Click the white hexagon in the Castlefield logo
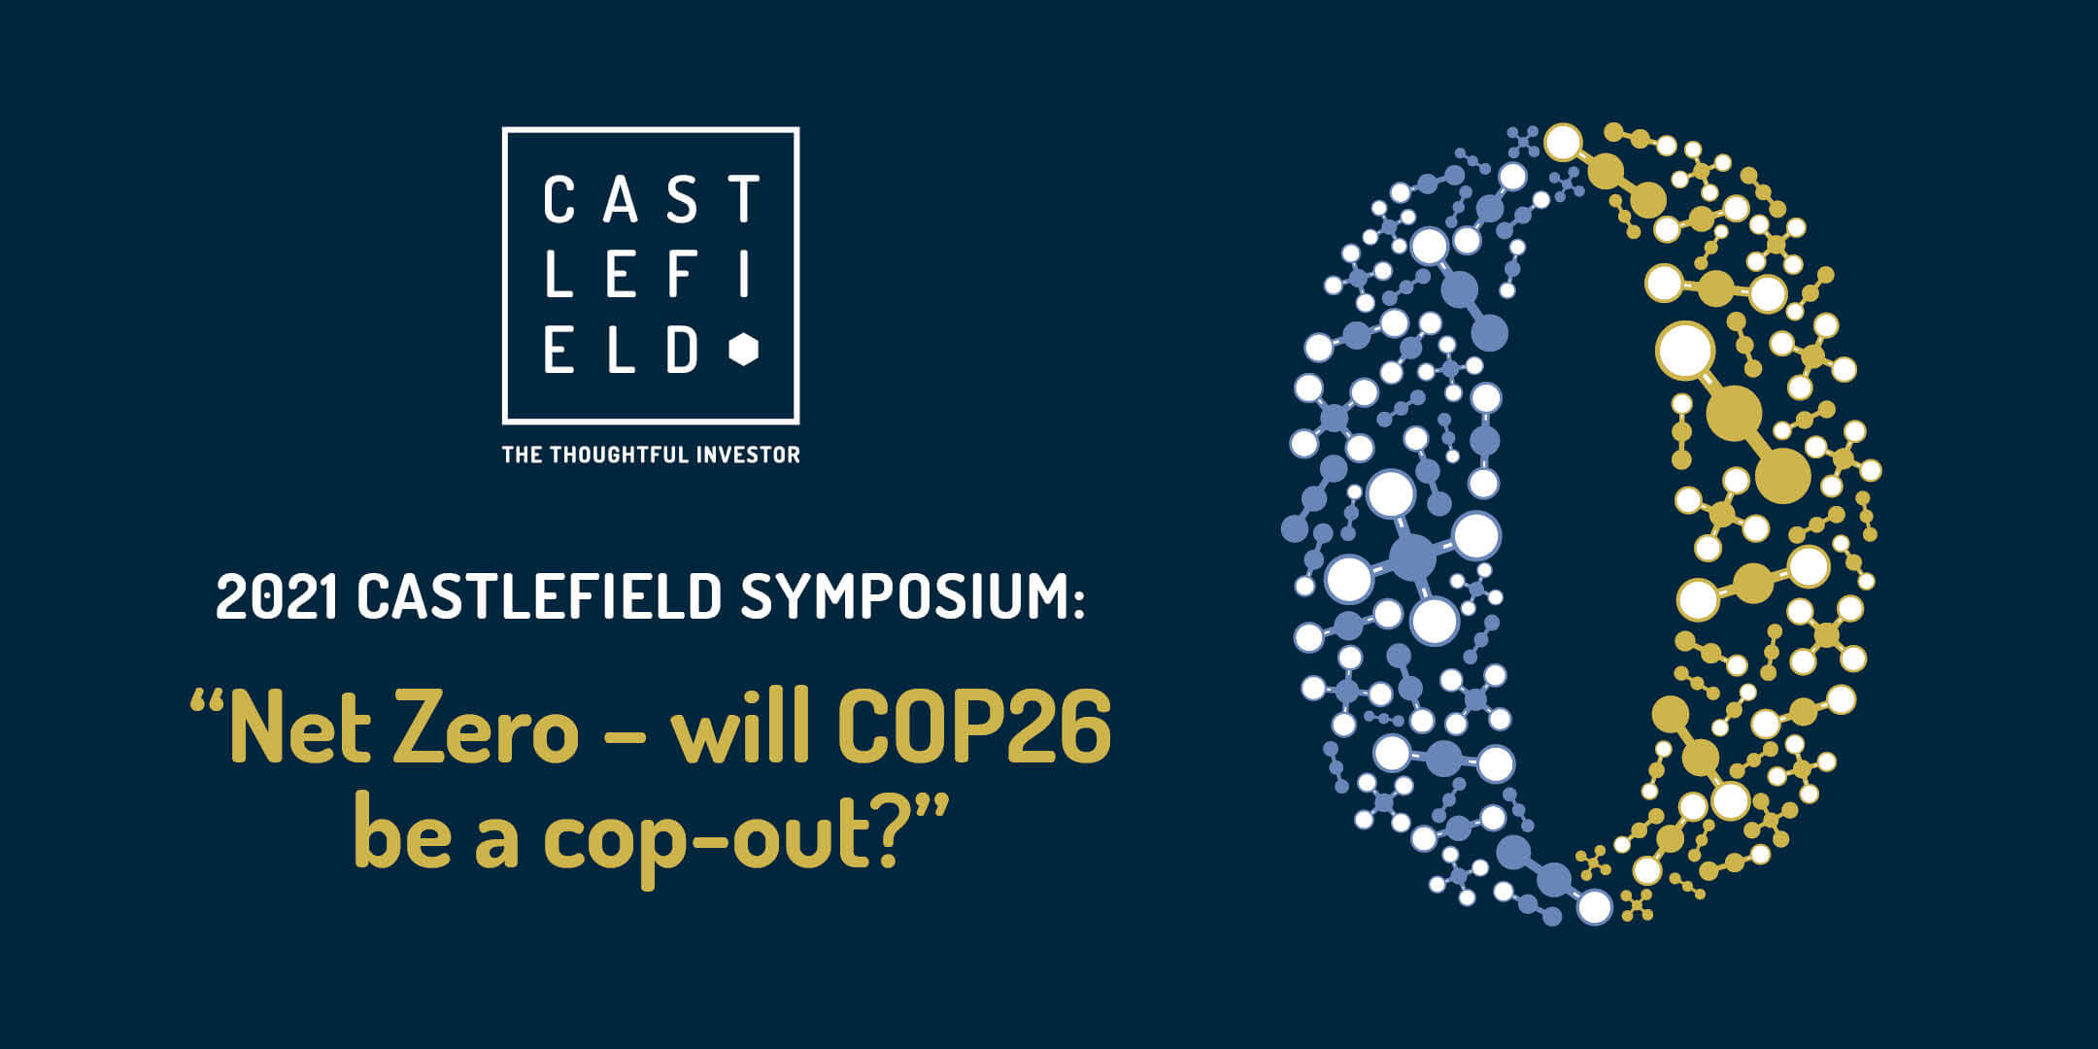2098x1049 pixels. click(x=744, y=350)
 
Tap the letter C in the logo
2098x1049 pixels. click(x=559, y=199)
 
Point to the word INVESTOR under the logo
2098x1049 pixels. click(x=744, y=455)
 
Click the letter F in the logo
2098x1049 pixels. click(x=682, y=274)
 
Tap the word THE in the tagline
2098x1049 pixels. click(x=522, y=455)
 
